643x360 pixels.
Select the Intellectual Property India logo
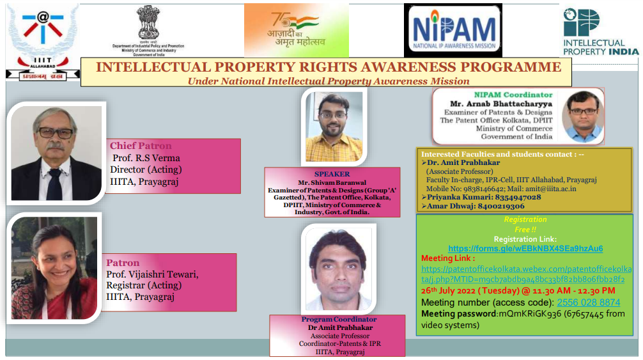[599, 31]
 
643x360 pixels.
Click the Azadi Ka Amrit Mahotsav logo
[297, 30]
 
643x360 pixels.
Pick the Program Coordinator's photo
[337, 269]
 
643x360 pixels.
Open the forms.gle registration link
[525, 248]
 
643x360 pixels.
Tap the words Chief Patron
[141, 146]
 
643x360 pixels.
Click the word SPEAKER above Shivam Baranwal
[332, 174]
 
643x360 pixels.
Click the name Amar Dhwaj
[449, 206]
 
